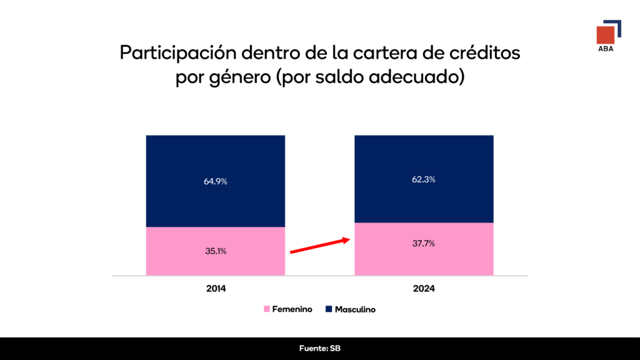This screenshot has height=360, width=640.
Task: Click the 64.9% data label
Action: [215, 182]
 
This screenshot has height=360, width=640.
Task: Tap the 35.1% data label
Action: [215, 251]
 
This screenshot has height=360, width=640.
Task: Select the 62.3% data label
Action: [424, 180]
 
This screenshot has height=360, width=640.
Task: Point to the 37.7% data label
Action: [424, 244]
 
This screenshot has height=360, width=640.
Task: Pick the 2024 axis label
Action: [424, 289]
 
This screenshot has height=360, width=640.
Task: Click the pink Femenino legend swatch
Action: [267, 309]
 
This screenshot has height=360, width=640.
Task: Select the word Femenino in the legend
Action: [292, 309]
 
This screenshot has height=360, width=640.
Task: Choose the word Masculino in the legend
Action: [355, 309]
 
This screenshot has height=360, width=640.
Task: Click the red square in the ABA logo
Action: [604, 35]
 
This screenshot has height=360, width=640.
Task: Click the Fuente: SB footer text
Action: [320, 348]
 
